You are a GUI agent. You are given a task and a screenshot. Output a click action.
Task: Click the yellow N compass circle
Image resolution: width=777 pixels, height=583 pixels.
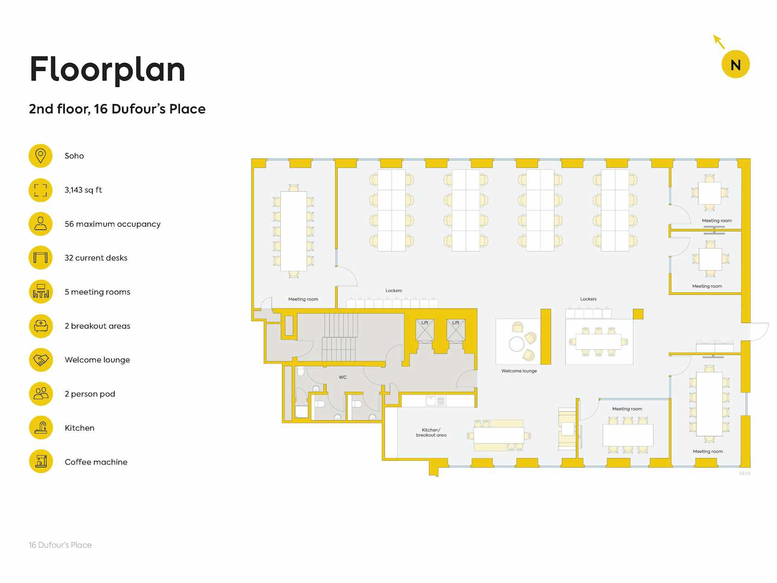[735, 64]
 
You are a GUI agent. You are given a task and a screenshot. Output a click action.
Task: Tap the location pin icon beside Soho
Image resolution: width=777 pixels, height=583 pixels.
[40, 156]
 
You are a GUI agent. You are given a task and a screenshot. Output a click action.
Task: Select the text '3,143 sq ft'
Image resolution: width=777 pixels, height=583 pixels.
[83, 190]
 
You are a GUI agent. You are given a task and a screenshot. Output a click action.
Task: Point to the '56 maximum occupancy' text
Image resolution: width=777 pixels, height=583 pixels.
[112, 224]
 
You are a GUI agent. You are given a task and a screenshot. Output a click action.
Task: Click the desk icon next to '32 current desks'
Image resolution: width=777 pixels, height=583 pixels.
[40, 258]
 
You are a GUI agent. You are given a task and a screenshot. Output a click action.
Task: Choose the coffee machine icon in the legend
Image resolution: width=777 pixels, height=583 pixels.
[41, 462]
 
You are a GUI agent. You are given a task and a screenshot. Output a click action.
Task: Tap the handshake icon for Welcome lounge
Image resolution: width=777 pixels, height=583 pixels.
[41, 360]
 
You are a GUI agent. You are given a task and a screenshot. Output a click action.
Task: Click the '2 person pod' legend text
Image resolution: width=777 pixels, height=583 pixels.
[90, 394]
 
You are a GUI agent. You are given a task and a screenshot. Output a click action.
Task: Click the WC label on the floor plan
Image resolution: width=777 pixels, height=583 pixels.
[343, 377]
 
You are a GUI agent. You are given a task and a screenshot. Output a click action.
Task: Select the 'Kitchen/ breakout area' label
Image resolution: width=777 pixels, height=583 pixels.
[431, 432]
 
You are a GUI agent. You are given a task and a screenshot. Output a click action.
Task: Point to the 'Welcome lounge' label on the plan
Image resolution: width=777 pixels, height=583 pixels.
[519, 371]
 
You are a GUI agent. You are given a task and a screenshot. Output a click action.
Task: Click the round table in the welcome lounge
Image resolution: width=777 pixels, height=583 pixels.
[517, 344]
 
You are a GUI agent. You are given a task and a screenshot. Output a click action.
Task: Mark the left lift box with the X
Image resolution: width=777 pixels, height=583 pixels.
[425, 331]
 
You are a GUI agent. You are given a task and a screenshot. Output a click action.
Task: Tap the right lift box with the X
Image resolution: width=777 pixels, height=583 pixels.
[456, 331]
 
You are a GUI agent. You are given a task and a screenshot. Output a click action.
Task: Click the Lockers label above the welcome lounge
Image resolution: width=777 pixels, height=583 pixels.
[588, 299]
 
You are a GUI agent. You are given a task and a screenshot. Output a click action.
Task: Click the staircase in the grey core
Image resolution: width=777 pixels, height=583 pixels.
[340, 337]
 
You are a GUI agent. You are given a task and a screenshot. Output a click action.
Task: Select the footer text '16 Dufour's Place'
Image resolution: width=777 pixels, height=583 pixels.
[60, 545]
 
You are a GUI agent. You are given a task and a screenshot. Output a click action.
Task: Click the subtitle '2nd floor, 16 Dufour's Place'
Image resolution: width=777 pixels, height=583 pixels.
[117, 109]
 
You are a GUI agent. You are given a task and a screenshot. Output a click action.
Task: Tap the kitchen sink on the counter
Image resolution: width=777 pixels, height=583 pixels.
[431, 401]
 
